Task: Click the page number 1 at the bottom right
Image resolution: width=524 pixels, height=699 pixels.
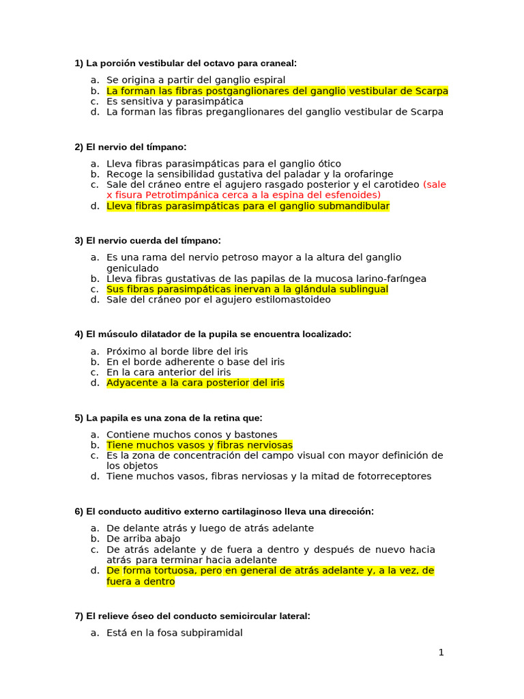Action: click(x=441, y=653)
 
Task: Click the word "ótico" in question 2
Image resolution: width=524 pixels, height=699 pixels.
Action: click(x=327, y=164)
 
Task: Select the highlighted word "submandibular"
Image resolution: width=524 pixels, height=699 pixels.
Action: click(x=355, y=205)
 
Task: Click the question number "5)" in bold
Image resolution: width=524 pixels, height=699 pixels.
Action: click(x=79, y=418)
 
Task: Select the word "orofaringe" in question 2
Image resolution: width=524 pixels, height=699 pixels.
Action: click(x=369, y=174)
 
